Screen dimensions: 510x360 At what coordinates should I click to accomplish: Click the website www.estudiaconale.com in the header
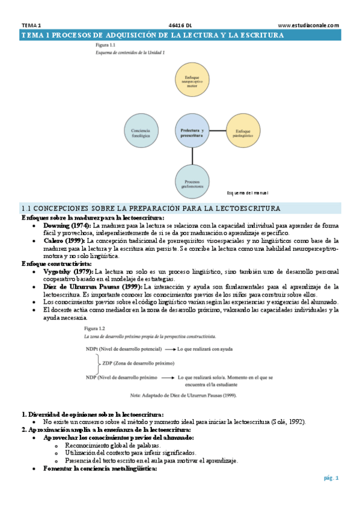(308, 25)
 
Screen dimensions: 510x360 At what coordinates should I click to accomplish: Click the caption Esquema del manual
(248, 193)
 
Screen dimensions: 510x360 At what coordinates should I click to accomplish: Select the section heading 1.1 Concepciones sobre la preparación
(150, 208)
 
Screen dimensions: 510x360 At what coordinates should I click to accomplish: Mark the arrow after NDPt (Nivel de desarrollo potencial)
(171, 349)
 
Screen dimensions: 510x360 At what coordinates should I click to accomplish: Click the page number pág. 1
(331, 478)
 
